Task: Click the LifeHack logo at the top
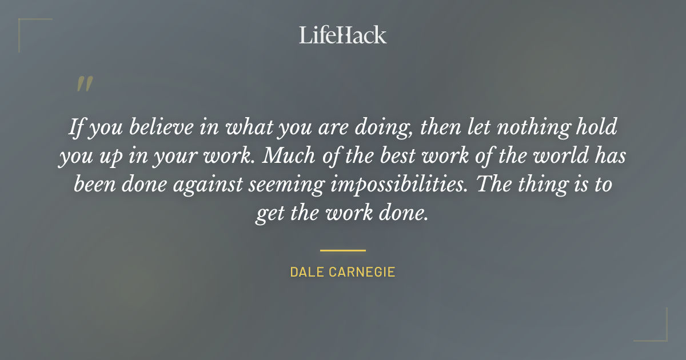click(342, 35)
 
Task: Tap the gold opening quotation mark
click(84, 84)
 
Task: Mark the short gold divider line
click(342, 250)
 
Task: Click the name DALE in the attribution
click(307, 272)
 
